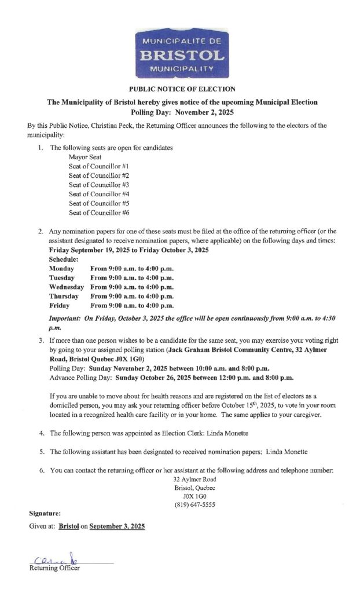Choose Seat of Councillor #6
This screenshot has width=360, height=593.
[98, 213]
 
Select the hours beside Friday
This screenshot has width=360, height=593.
[133, 305]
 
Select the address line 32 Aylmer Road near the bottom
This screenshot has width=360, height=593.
[194, 479]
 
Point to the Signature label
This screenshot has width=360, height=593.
[45, 514]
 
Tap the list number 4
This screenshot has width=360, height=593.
[41, 433]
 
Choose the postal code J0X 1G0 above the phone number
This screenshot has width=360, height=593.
[194, 497]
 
